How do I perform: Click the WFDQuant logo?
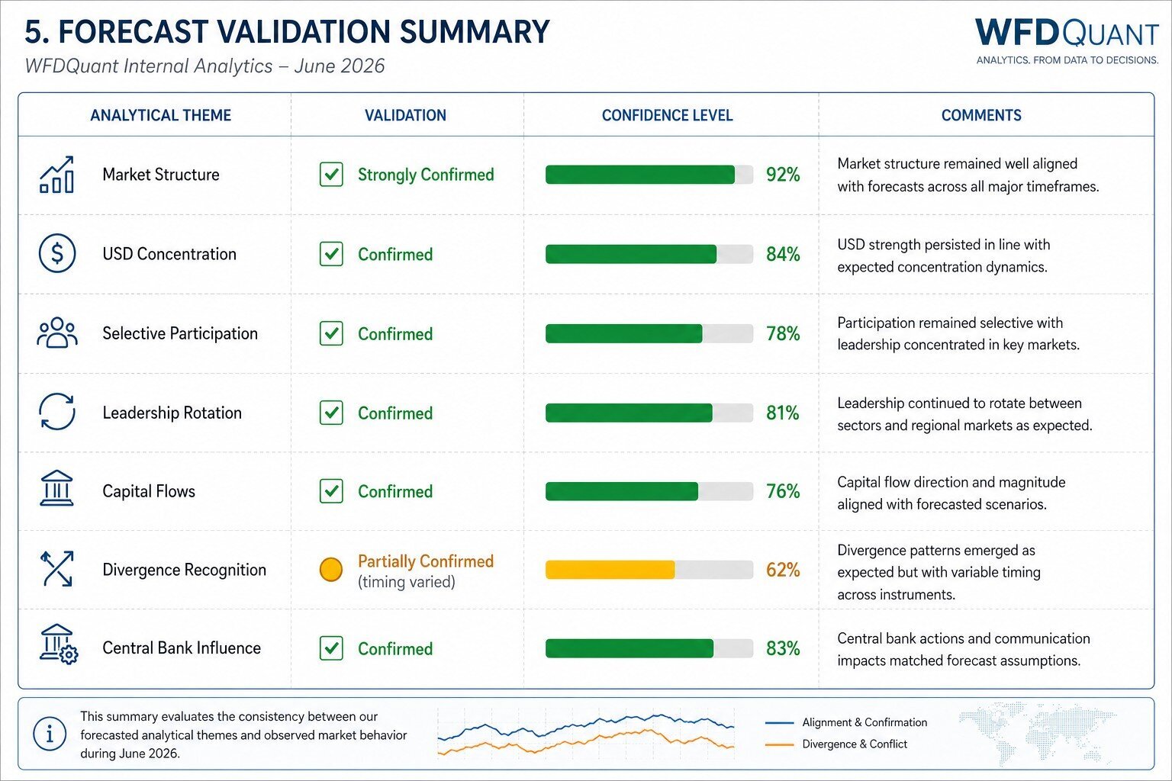pyautogui.click(x=1067, y=41)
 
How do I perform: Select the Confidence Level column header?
pyautogui.click(x=667, y=115)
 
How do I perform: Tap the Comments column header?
pyautogui.click(x=981, y=115)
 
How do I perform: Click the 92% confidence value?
pyautogui.click(x=783, y=175)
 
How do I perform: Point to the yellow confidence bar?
pyautogui.click(x=610, y=570)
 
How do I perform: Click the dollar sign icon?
pyautogui.click(x=57, y=253)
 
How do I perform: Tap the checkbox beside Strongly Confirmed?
pyautogui.click(x=331, y=174)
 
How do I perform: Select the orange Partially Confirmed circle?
pyautogui.click(x=330, y=570)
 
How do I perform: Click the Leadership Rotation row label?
pyautogui.click(x=172, y=413)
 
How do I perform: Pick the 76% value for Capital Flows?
pyautogui.click(x=783, y=491)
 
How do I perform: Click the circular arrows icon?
pyautogui.click(x=57, y=412)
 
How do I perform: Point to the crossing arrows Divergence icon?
pyautogui.click(x=56, y=569)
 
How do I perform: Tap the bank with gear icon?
pyautogui.click(x=59, y=644)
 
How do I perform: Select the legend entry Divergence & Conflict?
pyautogui.click(x=855, y=744)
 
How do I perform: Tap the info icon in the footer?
pyautogui.click(x=50, y=734)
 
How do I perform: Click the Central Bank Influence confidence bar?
pyautogui.click(x=649, y=648)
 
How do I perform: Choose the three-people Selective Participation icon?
pyautogui.click(x=57, y=333)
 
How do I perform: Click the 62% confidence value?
pyautogui.click(x=783, y=570)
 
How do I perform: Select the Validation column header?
pyautogui.click(x=405, y=115)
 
